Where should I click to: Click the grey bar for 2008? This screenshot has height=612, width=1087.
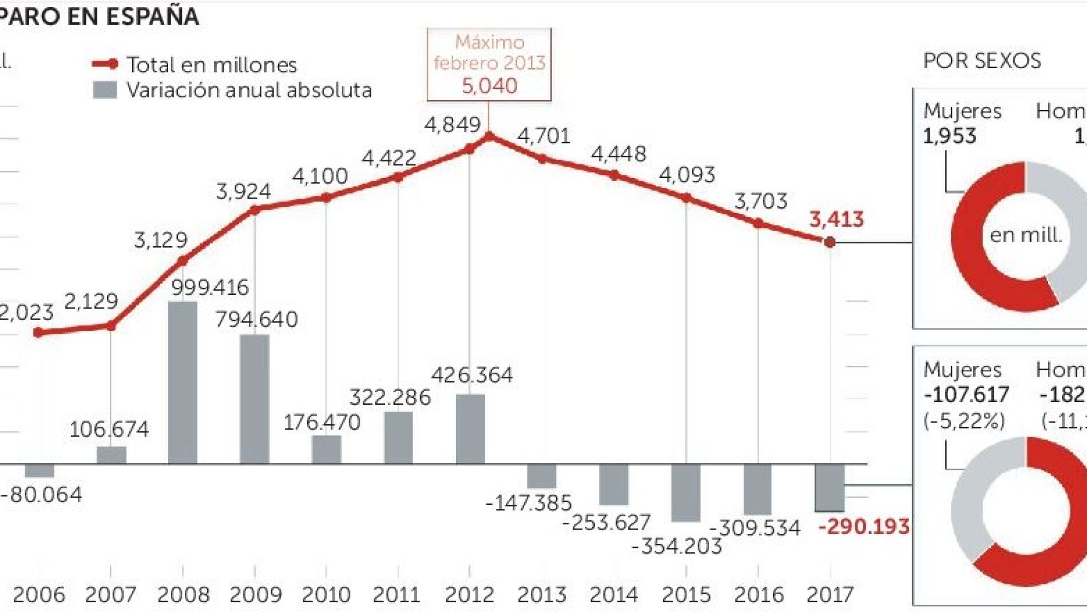pyautogui.click(x=183, y=382)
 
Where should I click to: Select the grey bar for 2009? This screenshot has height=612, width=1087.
pyautogui.click(x=255, y=398)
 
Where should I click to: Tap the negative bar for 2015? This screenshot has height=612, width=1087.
pyautogui.click(x=685, y=492)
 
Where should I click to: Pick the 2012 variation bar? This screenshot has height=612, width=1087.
pyautogui.click(x=470, y=429)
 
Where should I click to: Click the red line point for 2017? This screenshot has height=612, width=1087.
pyautogui.click(x=830, y=242)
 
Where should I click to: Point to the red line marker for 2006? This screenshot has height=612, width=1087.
pyautogui.click(x=38, y=332)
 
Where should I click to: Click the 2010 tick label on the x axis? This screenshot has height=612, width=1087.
pyautogui.click(x=326, y=595)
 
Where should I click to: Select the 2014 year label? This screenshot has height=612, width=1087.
pyautogui.click(x=614, y=595)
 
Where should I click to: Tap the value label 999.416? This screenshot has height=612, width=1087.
pyautogui.click(x=210, y=287)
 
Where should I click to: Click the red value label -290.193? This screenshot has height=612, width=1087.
pyautogui.click(x=863, y=526)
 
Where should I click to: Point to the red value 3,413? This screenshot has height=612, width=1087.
pyautogui.click(x=836, y=219)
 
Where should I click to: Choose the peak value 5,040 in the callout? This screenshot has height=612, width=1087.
pyautogui.click(x=489, y=86)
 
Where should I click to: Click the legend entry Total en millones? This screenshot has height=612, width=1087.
pyautogui.click(x=211, y=65)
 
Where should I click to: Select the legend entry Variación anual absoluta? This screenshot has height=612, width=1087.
pyautogui.click(x=249, y=90)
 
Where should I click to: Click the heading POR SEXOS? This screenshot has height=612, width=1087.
pyautogui.click(x=982, y=61)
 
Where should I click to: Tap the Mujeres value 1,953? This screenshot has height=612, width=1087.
pyautogui.click(x=949, y=136)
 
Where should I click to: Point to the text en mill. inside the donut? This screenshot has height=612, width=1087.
pyautogui.click(x=1025, y=235)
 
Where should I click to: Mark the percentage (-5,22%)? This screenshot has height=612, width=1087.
pyautogui.click(x=964, y=421)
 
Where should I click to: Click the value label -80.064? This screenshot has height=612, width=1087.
pyautogui.click(x=41, y=494)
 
